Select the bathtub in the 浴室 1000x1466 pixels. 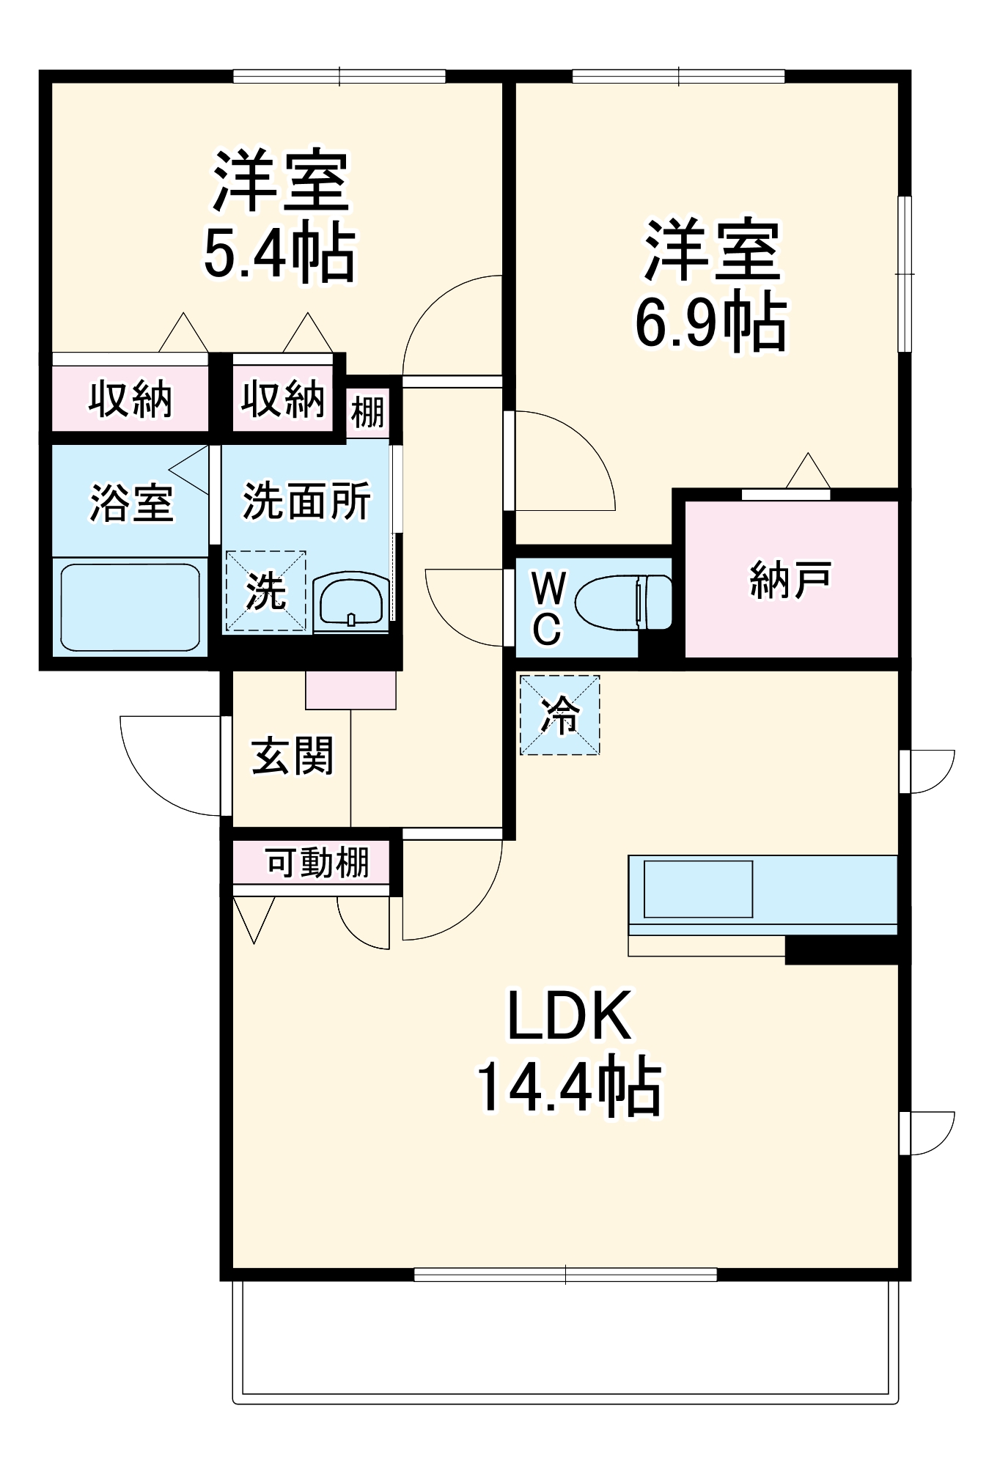[x=130, y=606]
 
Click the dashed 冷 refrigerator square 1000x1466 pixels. [x=559, y=715]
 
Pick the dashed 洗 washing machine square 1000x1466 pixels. [x=265, y=591]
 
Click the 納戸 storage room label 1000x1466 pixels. [x=790, y=580]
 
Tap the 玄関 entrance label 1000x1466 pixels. [x=292, y=756]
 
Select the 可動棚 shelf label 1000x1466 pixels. [x=317, y=862]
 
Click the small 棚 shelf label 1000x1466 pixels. [x=367, y=412]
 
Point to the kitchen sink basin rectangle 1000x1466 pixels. [x=698, y=889]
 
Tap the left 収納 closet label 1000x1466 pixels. [x=130, y=399]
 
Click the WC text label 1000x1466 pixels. [x=548, y=608]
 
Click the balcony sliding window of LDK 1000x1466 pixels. [x=565, y=1275]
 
